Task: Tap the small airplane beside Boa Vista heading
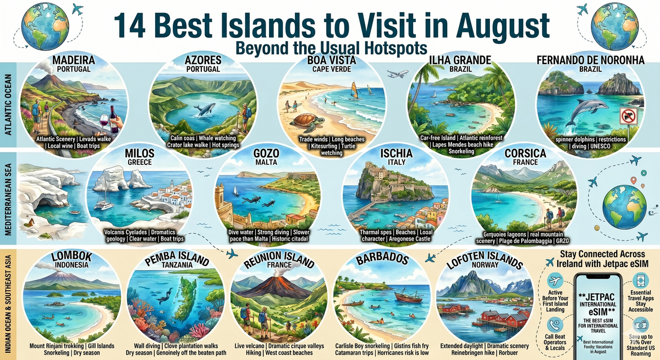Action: (x=397, y=73)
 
